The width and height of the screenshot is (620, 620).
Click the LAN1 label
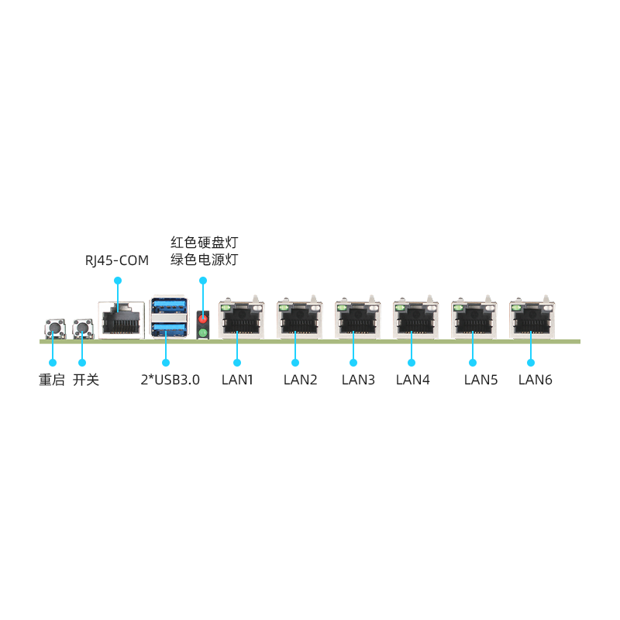tap(237, 380)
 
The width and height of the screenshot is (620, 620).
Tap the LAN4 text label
tap(412, 380)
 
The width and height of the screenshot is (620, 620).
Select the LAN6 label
tap(535, 380)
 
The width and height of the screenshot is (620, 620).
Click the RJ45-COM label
tap(116, 260)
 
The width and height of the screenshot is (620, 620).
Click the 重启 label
tap(52, 380)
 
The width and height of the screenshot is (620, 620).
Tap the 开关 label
tap(86, 380)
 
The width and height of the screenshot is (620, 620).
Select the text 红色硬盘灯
tap(204, 242)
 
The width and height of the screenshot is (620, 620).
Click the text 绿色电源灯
tap(204, 260)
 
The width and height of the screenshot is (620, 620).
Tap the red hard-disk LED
tap(203, 319)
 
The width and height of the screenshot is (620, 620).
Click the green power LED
tap(203, 333)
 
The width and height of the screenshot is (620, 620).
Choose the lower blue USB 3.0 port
tap(169, 330)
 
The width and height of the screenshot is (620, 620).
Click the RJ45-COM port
tap(121, 319)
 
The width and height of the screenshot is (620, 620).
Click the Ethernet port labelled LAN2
tap(295, 319)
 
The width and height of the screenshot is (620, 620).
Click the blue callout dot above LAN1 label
tap(237, 362)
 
